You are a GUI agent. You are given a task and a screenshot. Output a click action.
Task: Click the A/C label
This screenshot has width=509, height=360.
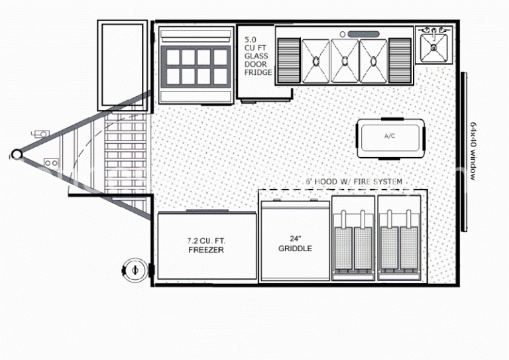390,136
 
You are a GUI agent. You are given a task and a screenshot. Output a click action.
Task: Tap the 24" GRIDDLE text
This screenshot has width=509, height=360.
295,243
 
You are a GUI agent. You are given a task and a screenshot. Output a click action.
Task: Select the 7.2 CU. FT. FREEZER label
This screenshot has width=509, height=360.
206,245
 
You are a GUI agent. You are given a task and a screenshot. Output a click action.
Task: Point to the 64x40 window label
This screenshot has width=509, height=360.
473,151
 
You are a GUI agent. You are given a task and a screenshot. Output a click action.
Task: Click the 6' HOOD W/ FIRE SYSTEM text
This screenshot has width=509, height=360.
354,182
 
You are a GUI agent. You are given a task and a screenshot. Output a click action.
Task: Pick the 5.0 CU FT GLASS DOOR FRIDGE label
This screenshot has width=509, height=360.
258,56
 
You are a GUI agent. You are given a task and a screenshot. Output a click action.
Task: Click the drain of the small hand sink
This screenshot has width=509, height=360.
433,48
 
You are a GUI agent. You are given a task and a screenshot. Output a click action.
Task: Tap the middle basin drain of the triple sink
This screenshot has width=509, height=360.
345,60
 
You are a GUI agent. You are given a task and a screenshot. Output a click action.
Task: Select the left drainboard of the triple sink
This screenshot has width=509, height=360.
289,61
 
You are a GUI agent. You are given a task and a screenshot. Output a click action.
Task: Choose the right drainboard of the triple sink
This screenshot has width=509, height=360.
400,61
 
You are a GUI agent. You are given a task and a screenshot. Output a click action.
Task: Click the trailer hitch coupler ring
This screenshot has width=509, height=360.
16,154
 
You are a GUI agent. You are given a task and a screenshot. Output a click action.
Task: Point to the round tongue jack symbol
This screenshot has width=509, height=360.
135,270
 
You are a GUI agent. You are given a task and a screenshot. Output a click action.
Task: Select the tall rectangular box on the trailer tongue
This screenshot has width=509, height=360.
123,65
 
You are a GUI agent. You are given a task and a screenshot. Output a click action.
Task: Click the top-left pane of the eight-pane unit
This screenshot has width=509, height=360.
173,58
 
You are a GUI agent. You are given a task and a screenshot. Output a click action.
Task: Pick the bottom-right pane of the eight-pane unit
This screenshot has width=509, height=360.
221,76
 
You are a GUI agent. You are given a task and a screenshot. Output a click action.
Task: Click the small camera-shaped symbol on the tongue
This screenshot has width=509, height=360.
40,134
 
